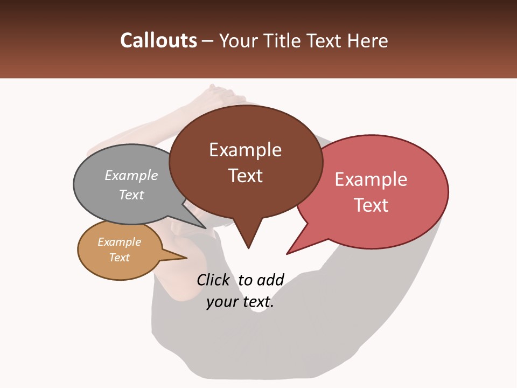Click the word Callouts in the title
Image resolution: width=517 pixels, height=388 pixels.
[x=158, y=40]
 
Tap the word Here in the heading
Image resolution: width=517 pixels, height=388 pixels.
[x=367, y=40]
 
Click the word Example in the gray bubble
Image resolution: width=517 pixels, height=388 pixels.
[x=131, y=175]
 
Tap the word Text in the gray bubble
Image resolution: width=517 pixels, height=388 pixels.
[x=131, y=195]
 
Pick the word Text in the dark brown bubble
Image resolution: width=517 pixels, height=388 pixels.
[x=245, y=175]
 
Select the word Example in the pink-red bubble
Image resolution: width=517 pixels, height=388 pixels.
[x=371, y=179]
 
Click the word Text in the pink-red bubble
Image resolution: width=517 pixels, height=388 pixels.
[x=371, y=205]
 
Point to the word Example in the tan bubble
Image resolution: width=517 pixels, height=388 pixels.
[x=119, y=242]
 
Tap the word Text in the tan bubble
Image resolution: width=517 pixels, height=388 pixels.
[x=119, y=258]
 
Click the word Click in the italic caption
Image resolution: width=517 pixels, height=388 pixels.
[x=214, y=280]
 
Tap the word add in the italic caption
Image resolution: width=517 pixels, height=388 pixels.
[x=270, y=280]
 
